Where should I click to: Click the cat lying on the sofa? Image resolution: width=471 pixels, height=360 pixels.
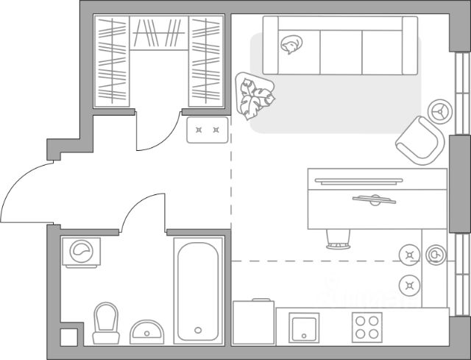[291, 46]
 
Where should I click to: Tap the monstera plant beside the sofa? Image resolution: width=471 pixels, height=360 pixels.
[255, 93]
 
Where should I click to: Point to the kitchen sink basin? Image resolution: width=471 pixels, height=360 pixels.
[303, 327]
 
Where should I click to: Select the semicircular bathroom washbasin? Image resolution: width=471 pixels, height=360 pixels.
[149, 329]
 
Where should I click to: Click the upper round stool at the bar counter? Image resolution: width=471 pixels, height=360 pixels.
[408, 255]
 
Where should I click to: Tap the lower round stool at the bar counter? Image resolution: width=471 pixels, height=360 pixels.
[408, 284]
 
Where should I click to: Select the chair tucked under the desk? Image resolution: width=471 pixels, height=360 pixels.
[338, 237]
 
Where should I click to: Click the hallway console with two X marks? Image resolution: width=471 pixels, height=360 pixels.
[207, 130]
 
